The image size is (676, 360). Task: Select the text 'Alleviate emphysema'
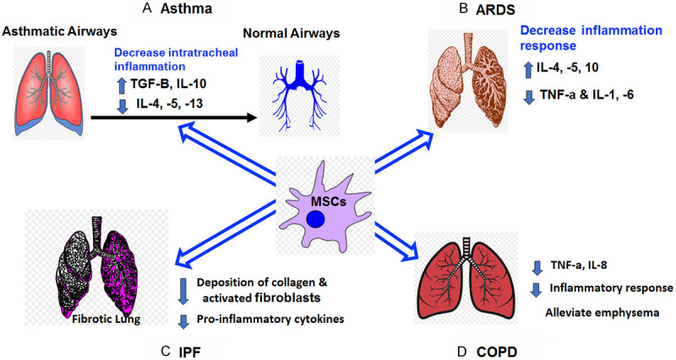606,309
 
